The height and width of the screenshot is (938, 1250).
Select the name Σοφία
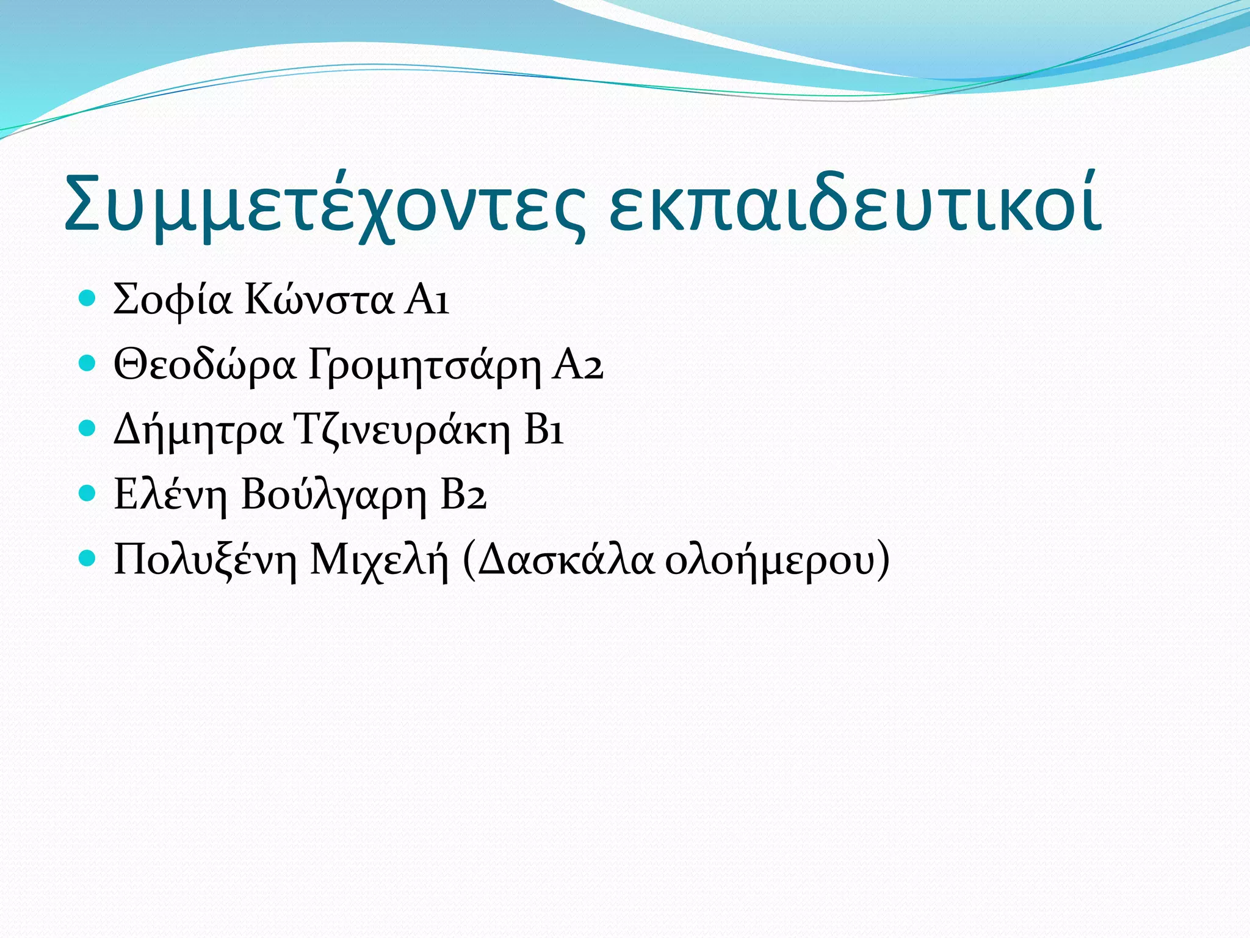[x=173, y=300]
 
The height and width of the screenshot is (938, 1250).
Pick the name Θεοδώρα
[x=205, y=365]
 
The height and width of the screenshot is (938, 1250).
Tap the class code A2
[x=577, y=365]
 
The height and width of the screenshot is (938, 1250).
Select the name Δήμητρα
[x=198, y=431]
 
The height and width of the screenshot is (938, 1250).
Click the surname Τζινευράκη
[x=402, y=431]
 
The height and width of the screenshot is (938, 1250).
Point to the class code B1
[x=544, y=431]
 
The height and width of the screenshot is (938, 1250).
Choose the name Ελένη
[x=170, y=495]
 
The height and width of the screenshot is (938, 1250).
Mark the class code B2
[x=463, y=495]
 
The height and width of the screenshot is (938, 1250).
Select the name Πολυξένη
[x=205, y=561]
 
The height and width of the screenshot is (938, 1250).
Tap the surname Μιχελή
[x=379, y=561]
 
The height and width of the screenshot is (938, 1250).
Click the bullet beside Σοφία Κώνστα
[x=88, y=299]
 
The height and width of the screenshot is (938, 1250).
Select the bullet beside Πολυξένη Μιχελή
[x=88, y=558]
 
